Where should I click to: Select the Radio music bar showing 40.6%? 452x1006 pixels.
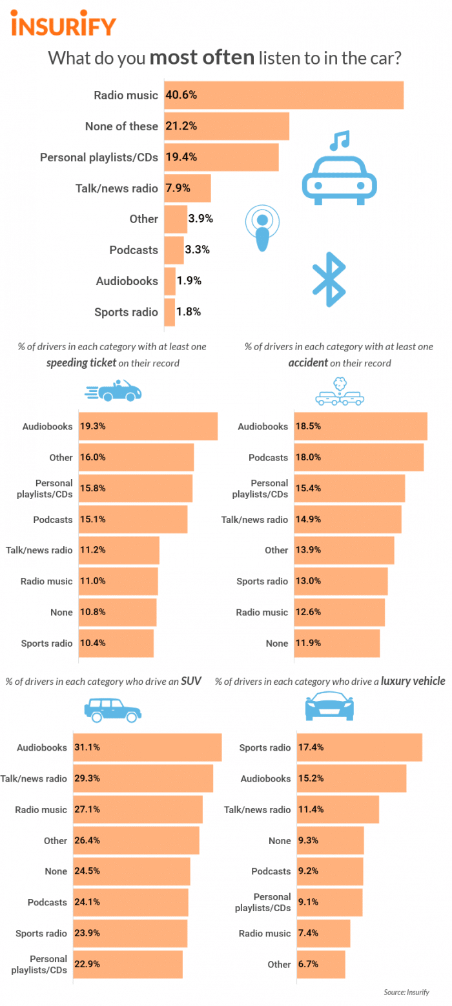[x=284, y=95]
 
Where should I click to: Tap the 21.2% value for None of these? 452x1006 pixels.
[x=181, y=126]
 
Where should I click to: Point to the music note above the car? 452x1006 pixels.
[x=340, y=139]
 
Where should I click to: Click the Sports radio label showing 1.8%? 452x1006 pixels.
[x=126, y=312]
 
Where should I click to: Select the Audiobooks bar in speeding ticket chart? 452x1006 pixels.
[x=148, y=426]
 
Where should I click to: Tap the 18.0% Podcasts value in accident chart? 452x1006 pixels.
[x=308, y=457]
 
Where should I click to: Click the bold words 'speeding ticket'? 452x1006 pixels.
[x=81, y=362]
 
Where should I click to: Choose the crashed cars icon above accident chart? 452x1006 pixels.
[x=338, y=391]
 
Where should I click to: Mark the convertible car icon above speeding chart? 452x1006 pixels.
[x=114, y=391]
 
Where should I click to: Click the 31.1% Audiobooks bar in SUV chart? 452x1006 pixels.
[x=147, y=747]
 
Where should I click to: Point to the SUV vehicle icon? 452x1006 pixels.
[x=112, y=709]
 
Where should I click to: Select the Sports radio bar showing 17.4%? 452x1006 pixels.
[x=359, y=747]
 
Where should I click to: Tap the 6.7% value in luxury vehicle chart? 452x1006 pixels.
[x=307, y=964]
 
